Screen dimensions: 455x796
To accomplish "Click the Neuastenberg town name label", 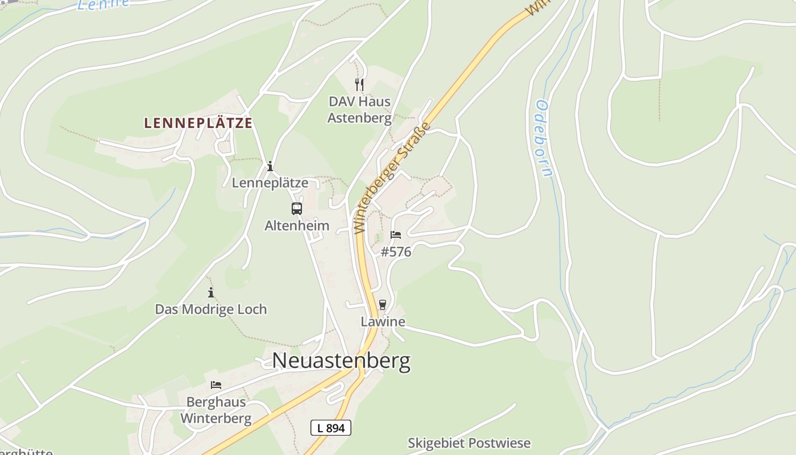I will pyautogui.click(x=341, y=361).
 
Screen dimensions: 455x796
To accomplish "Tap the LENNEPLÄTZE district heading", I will pyautogui.click(x=198, y=123).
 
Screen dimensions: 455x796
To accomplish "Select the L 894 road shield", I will pyautogui.click(x=331, y=428).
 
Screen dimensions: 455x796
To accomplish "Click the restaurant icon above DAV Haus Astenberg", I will pyautogui.click(x=359, y=85).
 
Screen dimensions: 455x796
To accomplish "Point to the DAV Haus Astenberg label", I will pyautogui.click(x=360, y=110).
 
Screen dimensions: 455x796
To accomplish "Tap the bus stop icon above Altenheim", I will pyautogui.click(x=297, y=209).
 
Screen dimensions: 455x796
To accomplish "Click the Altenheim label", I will pyautogui.click(x=297, y=225).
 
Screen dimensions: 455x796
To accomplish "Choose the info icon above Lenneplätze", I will pyautogui.click(x=270, y=166).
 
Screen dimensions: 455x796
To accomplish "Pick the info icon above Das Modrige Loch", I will pyautogui.click(x=211, y=292).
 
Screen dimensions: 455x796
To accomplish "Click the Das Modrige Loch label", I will pyautogui.click(x=211, y=309).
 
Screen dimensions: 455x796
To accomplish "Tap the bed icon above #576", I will pyautogui.click(x=396, y=235).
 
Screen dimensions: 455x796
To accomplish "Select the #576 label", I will pyautogui.click(x=396, y=251).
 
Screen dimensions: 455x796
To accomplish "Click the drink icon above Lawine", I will pyautogui.click(x=383, y=305).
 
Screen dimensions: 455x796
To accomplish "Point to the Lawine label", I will pyautogui.click(x=383, y=321).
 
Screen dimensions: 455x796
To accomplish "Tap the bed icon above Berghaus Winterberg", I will pyautogui.click(x=216, y=385).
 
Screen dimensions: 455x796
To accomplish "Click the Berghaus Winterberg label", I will pyautogui.click(x=216, y=410).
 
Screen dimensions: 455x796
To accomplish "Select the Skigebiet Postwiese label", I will pyautogui.click(x=469, y=443).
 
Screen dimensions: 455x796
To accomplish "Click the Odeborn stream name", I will pyautogui.click(x=543, y=139).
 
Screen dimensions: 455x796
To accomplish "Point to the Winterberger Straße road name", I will pyautogui.click(x=393, y=177).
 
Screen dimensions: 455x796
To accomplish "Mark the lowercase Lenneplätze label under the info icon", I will pyautogui.click(x=270, y=183).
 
